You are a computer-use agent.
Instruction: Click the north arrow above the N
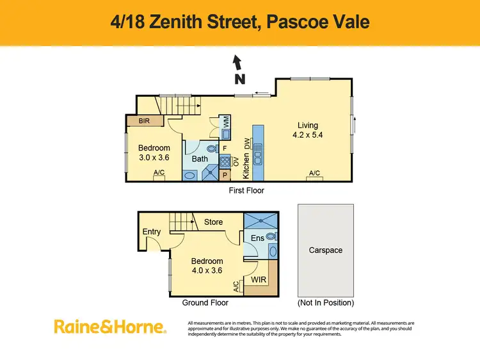[237, 63]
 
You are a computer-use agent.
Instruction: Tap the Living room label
[307, 126]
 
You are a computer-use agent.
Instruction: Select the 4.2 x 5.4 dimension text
[308, 136]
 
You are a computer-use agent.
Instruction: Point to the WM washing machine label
[225, 121]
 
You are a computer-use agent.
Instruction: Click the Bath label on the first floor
[200, 159]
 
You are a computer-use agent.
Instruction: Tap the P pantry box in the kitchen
[225, 174]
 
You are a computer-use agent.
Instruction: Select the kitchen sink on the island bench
[258, 153]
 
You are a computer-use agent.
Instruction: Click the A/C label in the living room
[314, 174]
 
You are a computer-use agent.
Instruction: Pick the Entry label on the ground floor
[152, 232]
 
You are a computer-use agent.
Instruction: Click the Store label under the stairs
[213, 222]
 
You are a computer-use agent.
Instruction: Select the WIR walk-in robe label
[259, 280]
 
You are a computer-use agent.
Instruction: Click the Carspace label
[326, 250]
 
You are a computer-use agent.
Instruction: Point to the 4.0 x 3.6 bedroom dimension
[207, 270]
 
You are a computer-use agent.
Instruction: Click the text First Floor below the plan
[246, 190]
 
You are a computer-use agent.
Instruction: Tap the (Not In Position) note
[326, 302]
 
